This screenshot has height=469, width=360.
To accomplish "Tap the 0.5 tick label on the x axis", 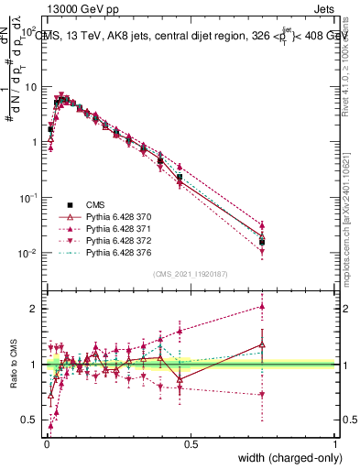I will click(x=191, y=443).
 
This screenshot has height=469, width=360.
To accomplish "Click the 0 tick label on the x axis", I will click(x=46, y=443).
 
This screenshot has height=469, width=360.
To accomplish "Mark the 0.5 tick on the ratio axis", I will click(x=29, y=421).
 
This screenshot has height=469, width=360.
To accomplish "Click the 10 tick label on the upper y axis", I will click(x=30, y=86).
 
